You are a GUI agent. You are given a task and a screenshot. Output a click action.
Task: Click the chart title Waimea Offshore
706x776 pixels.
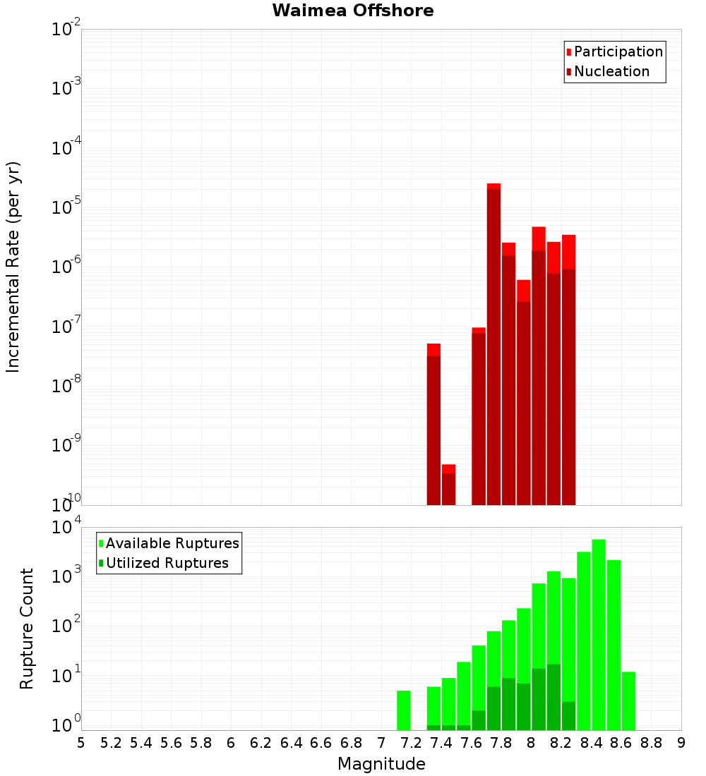click(x=353, y=11)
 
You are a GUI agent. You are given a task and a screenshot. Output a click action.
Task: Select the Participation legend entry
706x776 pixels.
click(x=618, y=51)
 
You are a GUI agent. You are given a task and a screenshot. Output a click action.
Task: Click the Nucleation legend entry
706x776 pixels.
click(x=611, y=71)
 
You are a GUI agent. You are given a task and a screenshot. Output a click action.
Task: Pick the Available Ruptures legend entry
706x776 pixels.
click(x=172, y=543)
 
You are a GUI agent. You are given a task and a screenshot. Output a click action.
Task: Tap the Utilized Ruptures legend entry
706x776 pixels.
click(x=167, y=563)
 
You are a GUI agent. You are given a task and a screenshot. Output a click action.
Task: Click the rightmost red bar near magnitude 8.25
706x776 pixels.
click(x=568, y=367)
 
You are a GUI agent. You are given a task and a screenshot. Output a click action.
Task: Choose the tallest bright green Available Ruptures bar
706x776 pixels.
click(x=599, y=635)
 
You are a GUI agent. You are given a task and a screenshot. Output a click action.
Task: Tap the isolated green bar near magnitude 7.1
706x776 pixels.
click(x=403, y=710)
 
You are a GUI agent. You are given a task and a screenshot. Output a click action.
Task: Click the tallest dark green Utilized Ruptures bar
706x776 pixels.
click(x=554, y=697)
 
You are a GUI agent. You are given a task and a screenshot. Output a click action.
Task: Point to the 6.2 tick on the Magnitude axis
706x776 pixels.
click(x=261, y=743)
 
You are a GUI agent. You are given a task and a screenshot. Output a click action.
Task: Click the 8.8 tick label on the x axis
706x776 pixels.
click(x=651, y=743)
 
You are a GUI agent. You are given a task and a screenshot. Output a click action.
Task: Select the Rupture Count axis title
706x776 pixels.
click(x=27, y=629)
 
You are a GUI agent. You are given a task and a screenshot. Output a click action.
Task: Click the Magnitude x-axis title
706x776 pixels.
click(x=381, y=764)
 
